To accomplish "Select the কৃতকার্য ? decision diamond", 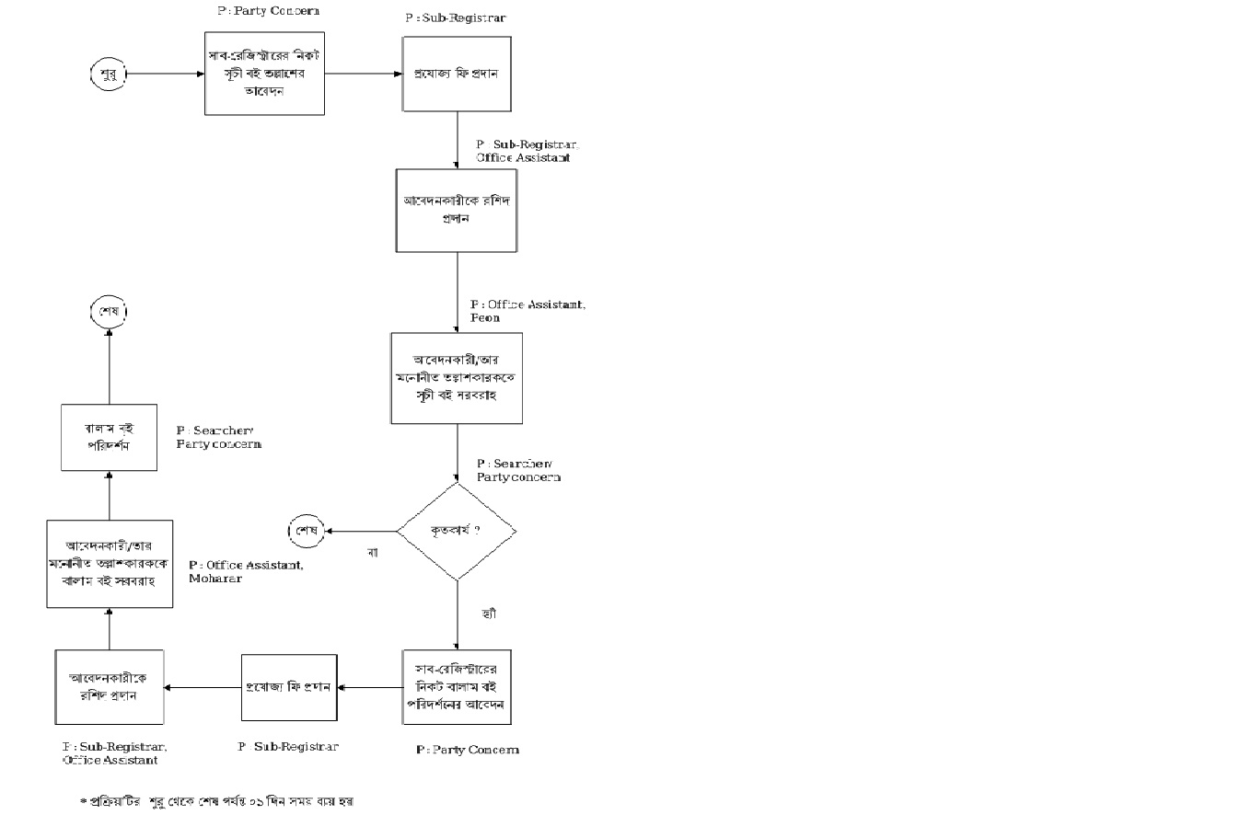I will coord(457,531).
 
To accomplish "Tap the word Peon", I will coord(485,317).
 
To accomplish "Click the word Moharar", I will coord(215,579).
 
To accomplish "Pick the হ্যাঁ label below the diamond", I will coord(488,613).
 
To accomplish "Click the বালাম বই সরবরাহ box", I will coord(110,563).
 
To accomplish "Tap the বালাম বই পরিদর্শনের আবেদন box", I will coord(457,688).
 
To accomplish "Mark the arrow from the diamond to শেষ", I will coord(361,531).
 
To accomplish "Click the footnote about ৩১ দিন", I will coord(217,800).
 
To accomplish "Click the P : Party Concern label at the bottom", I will coord(468,750).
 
